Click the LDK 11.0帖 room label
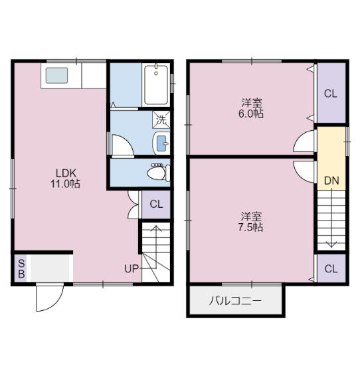[65, 178]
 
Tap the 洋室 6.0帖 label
[251, 108]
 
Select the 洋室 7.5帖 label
[251, 222]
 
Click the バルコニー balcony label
[235, 301]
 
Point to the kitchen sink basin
[56, 76]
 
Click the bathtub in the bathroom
[156, 85]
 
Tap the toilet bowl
[159, 173]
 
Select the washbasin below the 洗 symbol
[161, 143]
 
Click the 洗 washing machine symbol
[161, 120]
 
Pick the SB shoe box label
[21, 269]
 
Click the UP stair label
[132, 269]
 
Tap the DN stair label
[331, 181]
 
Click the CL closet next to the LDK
[156, 205]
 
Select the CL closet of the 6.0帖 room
[331, 93]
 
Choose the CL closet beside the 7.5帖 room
[331, 268]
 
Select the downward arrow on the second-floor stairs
[331, 219]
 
